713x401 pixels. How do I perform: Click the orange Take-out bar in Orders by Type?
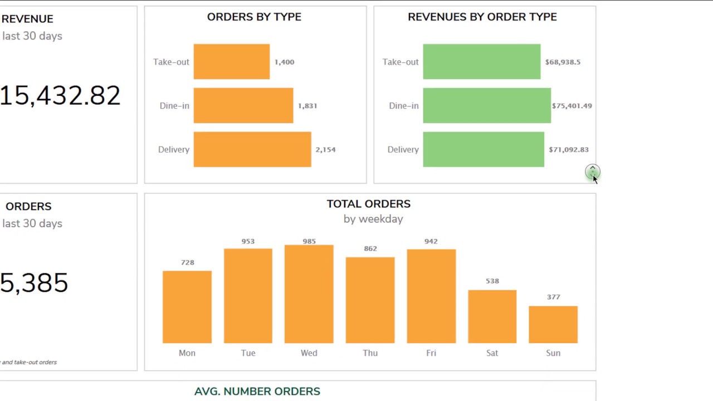(x=232, y=62)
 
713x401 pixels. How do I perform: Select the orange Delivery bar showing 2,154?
(x=252, y=149)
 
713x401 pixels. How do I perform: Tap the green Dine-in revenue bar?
(x=487, y=105)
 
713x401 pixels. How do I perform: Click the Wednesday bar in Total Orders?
(x=309, y=294)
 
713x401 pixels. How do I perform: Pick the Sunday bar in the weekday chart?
(x=553, y=324)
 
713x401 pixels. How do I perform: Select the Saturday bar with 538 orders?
(x=492, y=316)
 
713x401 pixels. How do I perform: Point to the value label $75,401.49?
(x=572, y=106)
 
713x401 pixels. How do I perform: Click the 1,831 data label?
(x=307, y=106)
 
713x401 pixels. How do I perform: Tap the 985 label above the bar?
(x=309, y=241)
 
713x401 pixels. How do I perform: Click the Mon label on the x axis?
(x=187, y=353)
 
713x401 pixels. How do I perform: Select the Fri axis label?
(x=431, y=353)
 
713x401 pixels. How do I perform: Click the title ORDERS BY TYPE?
(x=254, y=17)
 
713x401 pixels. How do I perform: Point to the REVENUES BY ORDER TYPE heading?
(x=482, y=17)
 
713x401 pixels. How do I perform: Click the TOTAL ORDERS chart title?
(x=369, y=204)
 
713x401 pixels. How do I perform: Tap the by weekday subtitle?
(x=373, y=219)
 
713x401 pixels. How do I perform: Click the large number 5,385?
(x=35, y=283)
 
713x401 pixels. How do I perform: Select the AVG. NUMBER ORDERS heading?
(x=257, y=392)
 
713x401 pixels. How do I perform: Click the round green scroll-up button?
(x=592, y=172)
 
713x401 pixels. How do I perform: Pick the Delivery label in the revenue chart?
(x=403, y=149)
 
